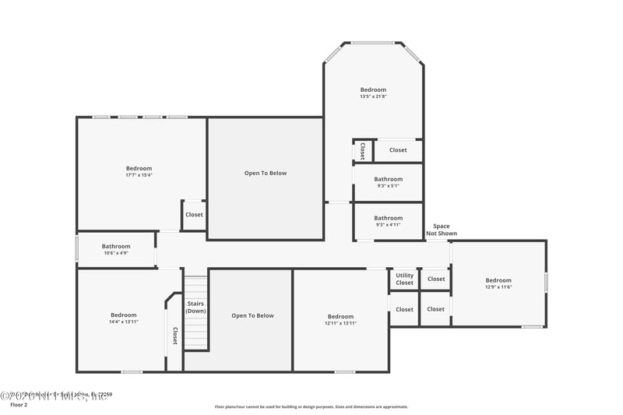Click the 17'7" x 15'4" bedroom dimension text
point(139,175)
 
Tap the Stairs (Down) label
point(195,307)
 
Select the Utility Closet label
point(404,279)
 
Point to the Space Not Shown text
point(442,230)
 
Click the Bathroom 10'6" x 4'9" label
point(115,249)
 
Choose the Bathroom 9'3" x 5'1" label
point(388,182)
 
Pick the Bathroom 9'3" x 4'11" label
point(388,221)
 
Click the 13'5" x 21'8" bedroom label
point(373,93)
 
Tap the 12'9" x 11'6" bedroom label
point(498,283)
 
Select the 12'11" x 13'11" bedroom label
point(340,319)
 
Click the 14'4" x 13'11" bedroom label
point(123,318)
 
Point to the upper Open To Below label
point(266,173)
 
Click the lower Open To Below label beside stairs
point(252,315)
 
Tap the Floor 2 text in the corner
point(18,405)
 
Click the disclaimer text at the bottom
point(311,406)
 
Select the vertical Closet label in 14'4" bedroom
point(174,336)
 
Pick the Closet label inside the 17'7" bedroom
point(194,215)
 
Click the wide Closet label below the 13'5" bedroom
point(398,150)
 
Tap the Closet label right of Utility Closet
point(436,279)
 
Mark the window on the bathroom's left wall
point(76,249)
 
